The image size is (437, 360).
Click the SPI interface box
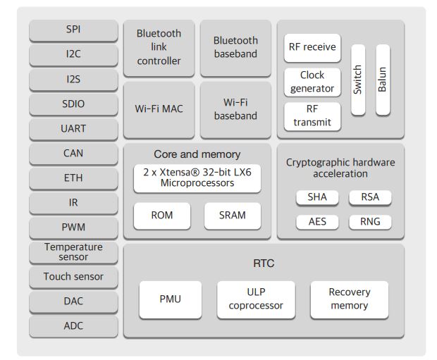[73, 30]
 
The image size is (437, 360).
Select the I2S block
[73, 80]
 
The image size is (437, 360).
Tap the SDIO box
[73, 104]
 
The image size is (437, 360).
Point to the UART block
[73, 129]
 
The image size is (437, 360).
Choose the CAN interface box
[73, 154]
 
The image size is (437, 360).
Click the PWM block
[73, 228]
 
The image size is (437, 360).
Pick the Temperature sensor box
[73, 252]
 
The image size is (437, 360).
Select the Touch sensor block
[73, 277]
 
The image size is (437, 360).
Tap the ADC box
[73, 326]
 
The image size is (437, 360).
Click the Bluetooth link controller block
[159, 48]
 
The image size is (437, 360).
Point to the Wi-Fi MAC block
[159, 109]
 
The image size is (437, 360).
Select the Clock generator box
[312, 82]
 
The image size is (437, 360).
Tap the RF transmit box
[312, 116]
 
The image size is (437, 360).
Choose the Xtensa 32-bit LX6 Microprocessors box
[197, 178]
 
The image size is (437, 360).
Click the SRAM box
[233, 216]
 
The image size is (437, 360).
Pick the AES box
[317, 222]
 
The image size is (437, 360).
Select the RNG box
[370, 222]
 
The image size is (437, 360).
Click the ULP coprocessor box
[255, 299]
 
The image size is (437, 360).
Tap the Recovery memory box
[350, 299]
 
